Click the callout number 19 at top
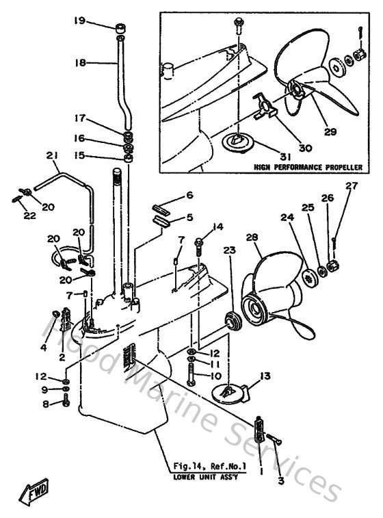click(79, 21)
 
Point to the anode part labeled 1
click(259, 429)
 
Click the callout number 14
click(218, 226)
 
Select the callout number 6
click(191, 195)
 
